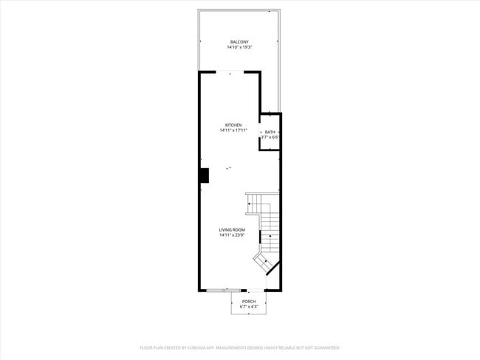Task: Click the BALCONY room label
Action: pyautogui.click(x=239, y=42)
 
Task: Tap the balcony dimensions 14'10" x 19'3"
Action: pyautogui.click(x=239, y=47)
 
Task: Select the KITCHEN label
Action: pyautogui.click(x=233, y=125)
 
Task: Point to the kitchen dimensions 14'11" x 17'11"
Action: pyautogui.click(x=233, y=131)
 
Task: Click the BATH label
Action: pyautogui.click(x=270, y=132)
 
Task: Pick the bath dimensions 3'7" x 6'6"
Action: pyautogui.click(x=270, y=137)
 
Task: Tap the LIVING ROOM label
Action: pyautogui.click(x=232, y=230)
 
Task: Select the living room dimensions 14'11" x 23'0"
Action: pyautogui.click(x=232, y=235)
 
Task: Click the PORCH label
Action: pyautogui.click(x=249, y=302)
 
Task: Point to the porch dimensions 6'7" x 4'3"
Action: pyautogui.click(x=249, y=307)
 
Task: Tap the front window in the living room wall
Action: pyautogui.click(x=223, y=290)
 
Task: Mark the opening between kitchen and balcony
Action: pyautogui.click(x=230, y=72)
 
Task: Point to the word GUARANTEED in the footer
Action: pyautogui.click(x=326, y=347)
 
